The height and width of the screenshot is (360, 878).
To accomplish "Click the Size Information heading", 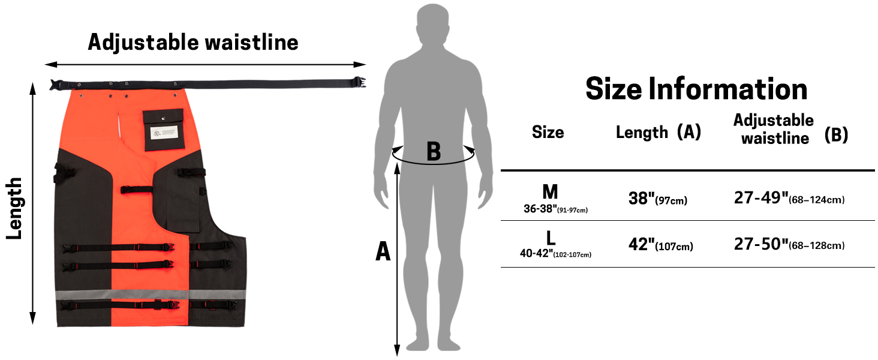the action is click(x=696, y=89).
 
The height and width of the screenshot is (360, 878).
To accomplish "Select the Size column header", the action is click(x=548, y=132).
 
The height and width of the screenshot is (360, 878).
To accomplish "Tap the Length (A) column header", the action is click(x=658, y=132).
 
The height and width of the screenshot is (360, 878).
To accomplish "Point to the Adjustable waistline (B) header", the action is click(x=790, y=129).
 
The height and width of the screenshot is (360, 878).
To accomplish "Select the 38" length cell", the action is click(x=657, y=199).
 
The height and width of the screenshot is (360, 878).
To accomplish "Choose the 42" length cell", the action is click(x=660, y=245).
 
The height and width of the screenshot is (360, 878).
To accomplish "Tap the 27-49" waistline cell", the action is click(x=789, y=199).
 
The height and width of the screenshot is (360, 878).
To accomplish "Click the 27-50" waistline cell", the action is click(x=789, y=245).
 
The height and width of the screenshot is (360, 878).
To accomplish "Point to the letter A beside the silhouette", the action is click(x=383, y=252).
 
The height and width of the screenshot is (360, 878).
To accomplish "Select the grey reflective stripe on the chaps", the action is click(x=151, y=295).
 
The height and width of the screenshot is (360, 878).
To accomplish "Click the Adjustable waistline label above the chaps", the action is click(x=193, y=43).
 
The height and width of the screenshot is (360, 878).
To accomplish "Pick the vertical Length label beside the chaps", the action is click(x=14, y=208).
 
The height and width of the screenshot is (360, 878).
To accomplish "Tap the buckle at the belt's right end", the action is click(x=359, y=83).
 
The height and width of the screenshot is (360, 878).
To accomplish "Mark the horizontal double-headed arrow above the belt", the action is click(x=205, y=64).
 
